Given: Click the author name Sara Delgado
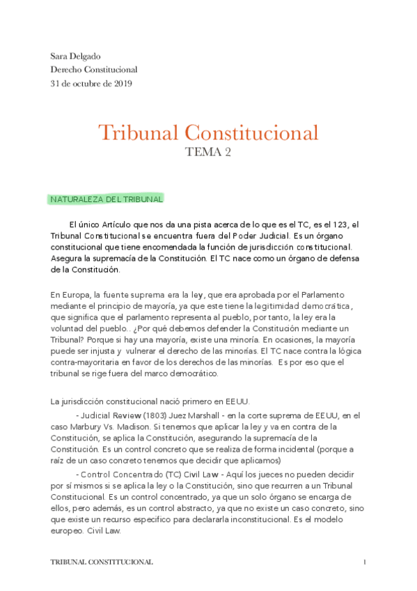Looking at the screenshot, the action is [x=75, y=55].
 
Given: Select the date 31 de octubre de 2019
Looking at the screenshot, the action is [x=91, y=84].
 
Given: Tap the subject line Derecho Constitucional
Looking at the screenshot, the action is [x=94, y=70].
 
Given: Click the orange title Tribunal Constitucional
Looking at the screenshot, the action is [x=208, y=132].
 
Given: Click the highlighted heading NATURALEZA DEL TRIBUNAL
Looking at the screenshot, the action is [x=107, y=199].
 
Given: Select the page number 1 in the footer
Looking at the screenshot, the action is [x=364, y=562].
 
